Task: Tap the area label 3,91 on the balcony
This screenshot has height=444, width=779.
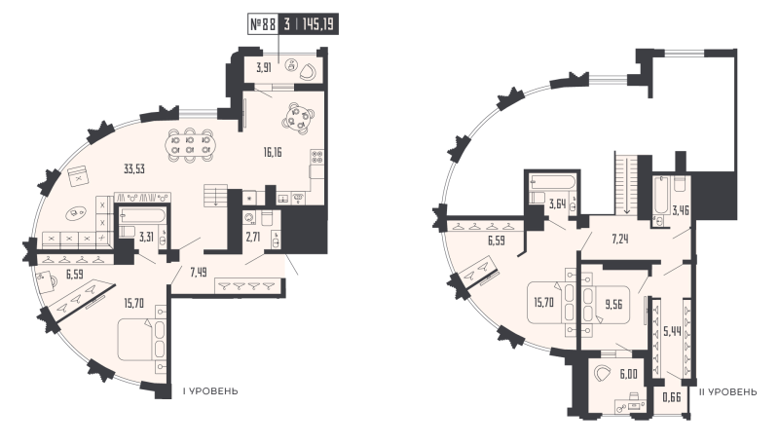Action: coord(264,68)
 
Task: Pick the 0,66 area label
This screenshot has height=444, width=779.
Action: coord(670,396)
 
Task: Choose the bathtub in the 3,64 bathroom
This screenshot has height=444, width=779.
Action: coord(552,182)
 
